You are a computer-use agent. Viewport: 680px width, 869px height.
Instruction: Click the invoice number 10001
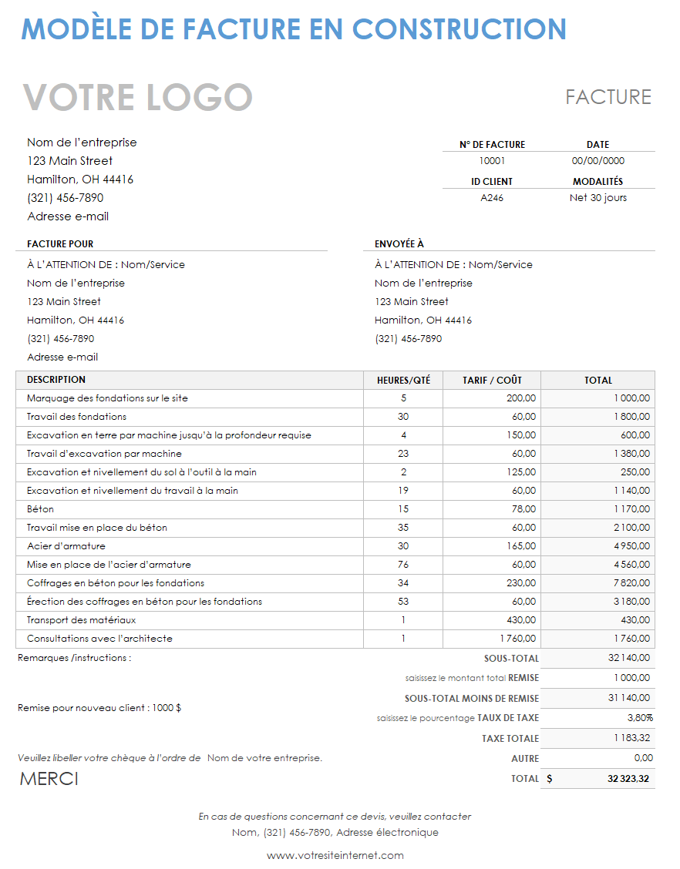click(x=492, y=161)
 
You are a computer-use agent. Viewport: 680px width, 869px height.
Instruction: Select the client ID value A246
click(x=492, y=198)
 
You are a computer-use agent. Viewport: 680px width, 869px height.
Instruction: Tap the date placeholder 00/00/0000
click(x=598, y=161)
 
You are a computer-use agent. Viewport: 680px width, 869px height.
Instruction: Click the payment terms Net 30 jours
click(x=598, y=198)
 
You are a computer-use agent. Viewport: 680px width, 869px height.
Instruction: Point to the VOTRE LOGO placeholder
click(x=138, y=98)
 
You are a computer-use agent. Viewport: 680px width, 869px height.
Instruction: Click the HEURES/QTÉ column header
click(x=403, y=380)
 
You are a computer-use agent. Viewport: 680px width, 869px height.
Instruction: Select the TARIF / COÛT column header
click(x=492, y=380)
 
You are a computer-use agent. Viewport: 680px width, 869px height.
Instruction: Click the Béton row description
click(x=40, y=509)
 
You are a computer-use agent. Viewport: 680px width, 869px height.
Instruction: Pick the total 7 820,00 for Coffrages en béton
click(x=632, y=583)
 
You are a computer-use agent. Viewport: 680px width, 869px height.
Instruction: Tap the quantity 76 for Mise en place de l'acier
click(x=403, y=565)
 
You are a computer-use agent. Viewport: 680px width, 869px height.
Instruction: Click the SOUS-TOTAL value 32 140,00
click(x=629, y=658)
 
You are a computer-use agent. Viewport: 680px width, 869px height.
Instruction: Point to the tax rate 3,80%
click(x=640, y=718)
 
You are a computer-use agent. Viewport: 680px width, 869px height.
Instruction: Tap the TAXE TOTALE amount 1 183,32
click(x=632, y=738)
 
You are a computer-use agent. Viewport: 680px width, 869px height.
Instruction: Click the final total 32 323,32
click(x=628, y=779)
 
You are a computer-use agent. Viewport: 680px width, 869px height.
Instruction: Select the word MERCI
click(x=49, y=779)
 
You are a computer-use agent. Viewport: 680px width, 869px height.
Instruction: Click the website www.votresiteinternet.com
click(x=335, y=855)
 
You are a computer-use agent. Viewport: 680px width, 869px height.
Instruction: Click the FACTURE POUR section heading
click(x=60, y=244)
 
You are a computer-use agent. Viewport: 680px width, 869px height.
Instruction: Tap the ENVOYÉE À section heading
click(x=399, y=244)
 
